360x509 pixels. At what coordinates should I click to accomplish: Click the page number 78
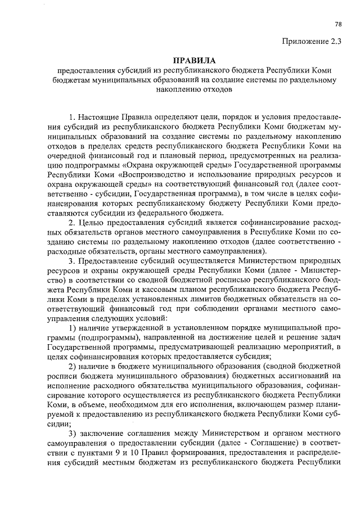(x=337, y=24)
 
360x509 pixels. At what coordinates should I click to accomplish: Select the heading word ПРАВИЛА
(x=195, y=59)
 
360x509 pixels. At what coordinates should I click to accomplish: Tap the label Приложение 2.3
(x=316, y=40)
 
